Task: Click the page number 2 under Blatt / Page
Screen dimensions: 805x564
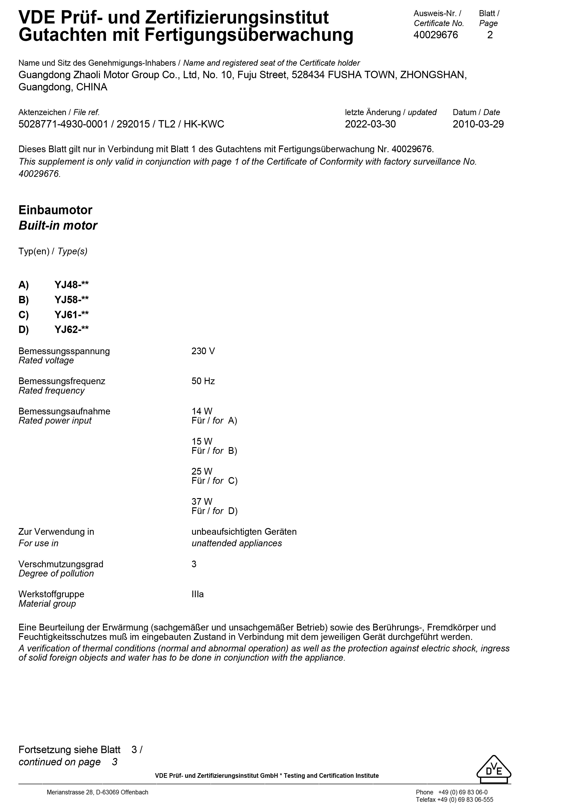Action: tap(490, 35)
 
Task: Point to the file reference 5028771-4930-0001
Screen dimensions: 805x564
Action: tap(63, 125)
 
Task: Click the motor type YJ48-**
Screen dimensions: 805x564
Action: tap(71, 285)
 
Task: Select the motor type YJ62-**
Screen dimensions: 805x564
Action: tap(71, 330)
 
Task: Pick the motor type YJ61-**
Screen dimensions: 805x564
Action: tap(71, 315)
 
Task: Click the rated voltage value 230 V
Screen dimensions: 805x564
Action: tap(203, 351)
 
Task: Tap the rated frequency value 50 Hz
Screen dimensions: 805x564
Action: tap(203, 381)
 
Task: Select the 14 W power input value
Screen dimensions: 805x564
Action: tap(202, 411)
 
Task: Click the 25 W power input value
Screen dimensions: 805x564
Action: tap(202, 472)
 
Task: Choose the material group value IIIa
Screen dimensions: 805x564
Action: tap(198, 594)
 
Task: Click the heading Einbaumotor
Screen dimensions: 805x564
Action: tap(55, 210)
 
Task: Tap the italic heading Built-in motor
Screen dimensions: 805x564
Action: tap(58, 226)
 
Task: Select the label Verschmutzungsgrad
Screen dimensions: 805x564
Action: tap(61, 564)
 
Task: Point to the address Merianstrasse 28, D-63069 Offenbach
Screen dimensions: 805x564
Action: tap(97, 792)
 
